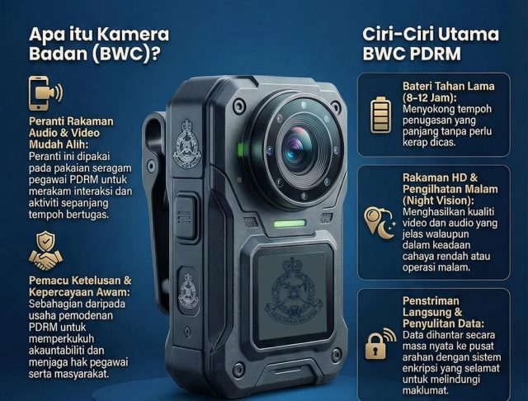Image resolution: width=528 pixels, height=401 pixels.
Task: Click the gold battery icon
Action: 381,115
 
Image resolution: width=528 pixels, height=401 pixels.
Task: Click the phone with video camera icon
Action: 45,93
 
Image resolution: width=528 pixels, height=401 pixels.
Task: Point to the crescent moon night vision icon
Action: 380,223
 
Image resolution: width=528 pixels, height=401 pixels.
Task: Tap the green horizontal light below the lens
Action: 290,224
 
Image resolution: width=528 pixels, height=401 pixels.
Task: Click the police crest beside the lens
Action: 186,143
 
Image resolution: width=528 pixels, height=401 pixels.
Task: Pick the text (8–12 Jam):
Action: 430,97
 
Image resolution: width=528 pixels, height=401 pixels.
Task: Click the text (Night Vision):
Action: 438,200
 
